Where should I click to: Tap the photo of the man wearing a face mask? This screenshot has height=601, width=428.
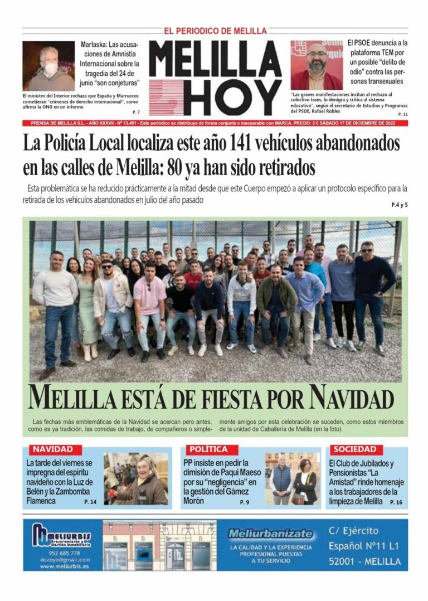pyautogui.click(x=48, y=66)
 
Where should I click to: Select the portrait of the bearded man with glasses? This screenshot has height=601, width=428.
pyautogui.click(x=316, y=65)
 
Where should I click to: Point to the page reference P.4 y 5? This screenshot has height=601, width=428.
pyautogui.click(x=399, y=205)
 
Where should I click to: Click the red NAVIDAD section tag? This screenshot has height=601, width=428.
pyautogui.click(x=52, y=449)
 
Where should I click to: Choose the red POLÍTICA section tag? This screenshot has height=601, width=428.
pyautogui.click(x=208, y=449)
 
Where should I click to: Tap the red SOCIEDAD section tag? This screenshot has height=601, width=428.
pyautogui.click(x=354, y=449)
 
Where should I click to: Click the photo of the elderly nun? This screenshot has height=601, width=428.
pyautogui.click(x=135, y=479)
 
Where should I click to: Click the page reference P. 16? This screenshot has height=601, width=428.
pyautogui.click(x=396, y=502)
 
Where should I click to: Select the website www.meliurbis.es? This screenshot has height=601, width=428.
pyautogui.click(x=64, y=566)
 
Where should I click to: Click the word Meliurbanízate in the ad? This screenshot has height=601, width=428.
pyautogui.click(x=270, y=534)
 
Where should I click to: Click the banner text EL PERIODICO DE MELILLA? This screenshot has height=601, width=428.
pyautogui.click(x=215, y=31)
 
